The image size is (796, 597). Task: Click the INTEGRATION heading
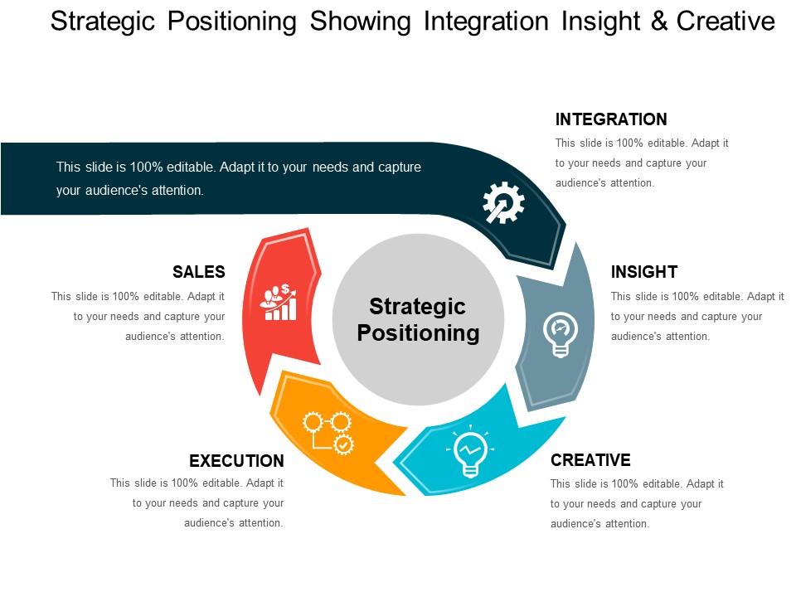[x=610, y=119]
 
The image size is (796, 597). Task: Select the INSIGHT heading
[x=643, y=272]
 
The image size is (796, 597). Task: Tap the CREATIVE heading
[x=590, y=460]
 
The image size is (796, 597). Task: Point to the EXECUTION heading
[x=236, y=461]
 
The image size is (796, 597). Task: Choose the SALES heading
[x=198, y=272]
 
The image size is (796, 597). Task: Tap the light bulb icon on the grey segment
[x=561, y=335]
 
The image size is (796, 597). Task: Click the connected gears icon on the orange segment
[x=328, y=432]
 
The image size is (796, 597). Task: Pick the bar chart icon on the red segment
[x=278, y=303]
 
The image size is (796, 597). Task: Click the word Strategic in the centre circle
[x=417, y=307]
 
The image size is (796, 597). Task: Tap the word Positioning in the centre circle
[x=418, y=333]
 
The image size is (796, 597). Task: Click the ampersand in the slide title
[x=659, y=22]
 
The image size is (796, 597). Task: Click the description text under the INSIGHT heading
[x=696, y=316]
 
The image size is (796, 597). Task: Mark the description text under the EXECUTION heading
[x=197, y=502]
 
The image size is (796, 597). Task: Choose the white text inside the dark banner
[x=238, y=178]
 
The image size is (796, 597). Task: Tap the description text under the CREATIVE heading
[x=637, y=503]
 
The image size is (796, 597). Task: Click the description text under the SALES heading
[x=138, y=316]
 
